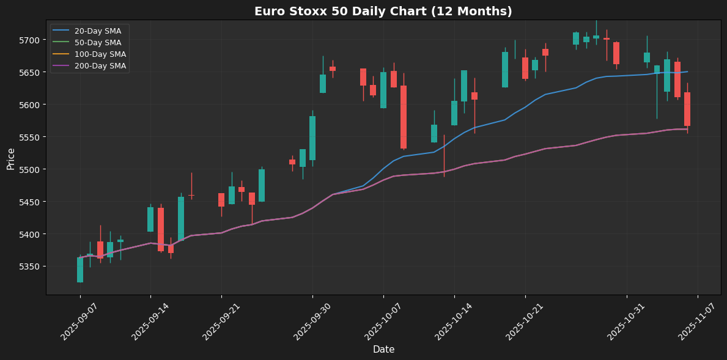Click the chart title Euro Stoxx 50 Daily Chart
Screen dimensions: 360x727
coord(383,12)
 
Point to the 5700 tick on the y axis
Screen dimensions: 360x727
coord(29,40)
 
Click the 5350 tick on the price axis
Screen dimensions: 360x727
coord(29,266)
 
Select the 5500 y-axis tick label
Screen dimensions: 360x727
coord(29,169)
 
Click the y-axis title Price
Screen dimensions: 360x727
coord(11,158)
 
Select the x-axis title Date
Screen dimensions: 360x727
coord(383,350)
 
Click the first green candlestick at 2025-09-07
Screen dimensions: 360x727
coord(80,270)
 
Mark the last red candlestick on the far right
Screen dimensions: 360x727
coord(687,109)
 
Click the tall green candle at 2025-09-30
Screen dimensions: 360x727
coord(312,138)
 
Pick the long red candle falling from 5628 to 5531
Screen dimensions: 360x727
coord(404,117)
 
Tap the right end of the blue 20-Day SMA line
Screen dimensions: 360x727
coord(687,72)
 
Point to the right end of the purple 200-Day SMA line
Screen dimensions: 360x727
coord(687,129)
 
